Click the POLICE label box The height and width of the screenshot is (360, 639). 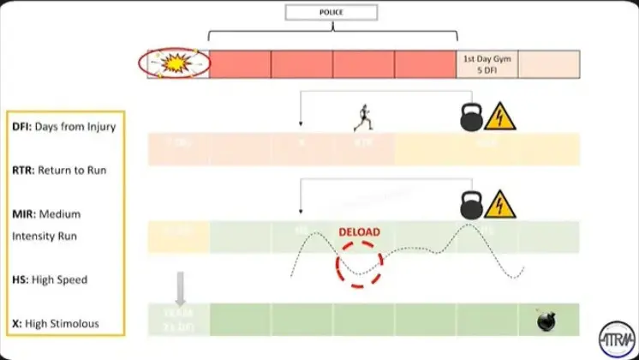333,13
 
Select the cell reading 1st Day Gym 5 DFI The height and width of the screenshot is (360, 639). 487,64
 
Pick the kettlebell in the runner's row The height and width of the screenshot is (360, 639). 472,116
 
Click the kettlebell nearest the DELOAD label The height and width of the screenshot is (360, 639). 472,204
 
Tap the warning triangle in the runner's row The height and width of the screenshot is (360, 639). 500,117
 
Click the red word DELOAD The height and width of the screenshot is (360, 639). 360,231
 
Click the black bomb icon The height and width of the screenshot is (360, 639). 546,321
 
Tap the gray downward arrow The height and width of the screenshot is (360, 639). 179,289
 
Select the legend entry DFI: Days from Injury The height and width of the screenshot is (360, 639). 64,128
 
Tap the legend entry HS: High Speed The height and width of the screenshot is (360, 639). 51,279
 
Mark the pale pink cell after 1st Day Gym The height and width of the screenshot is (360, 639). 549,64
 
